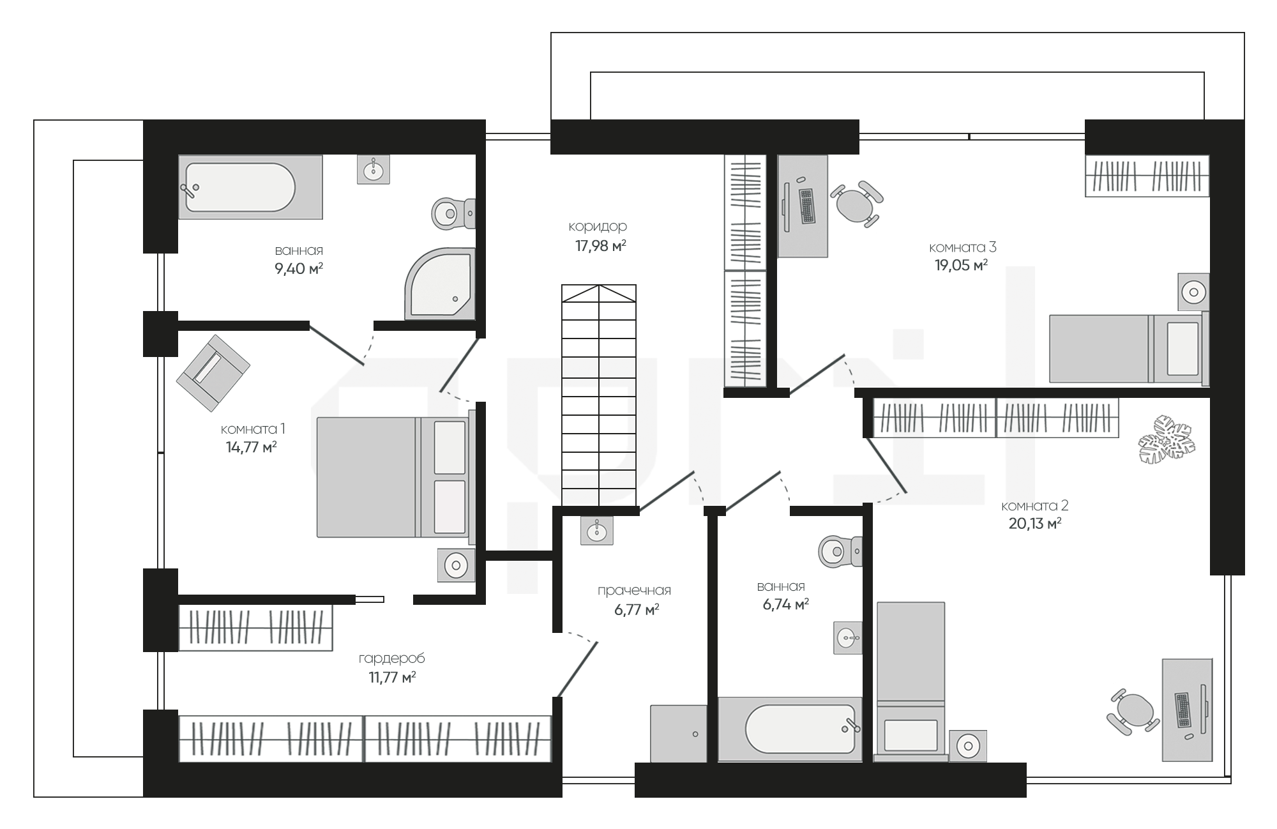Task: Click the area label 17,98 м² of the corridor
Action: (600, 246)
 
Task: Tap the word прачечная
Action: (634, 591)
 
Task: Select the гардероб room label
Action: (391, 658)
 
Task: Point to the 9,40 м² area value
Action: (299, 268)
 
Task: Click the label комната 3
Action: (962, 247)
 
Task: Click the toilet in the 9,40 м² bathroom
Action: (453, 213)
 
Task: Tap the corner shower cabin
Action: (440, 284)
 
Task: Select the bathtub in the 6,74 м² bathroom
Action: (790, 729)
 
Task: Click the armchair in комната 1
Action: (213, 373)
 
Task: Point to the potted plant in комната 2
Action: (1167, 439)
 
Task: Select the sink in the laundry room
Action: (596, 530)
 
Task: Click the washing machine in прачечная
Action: (679, 733)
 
